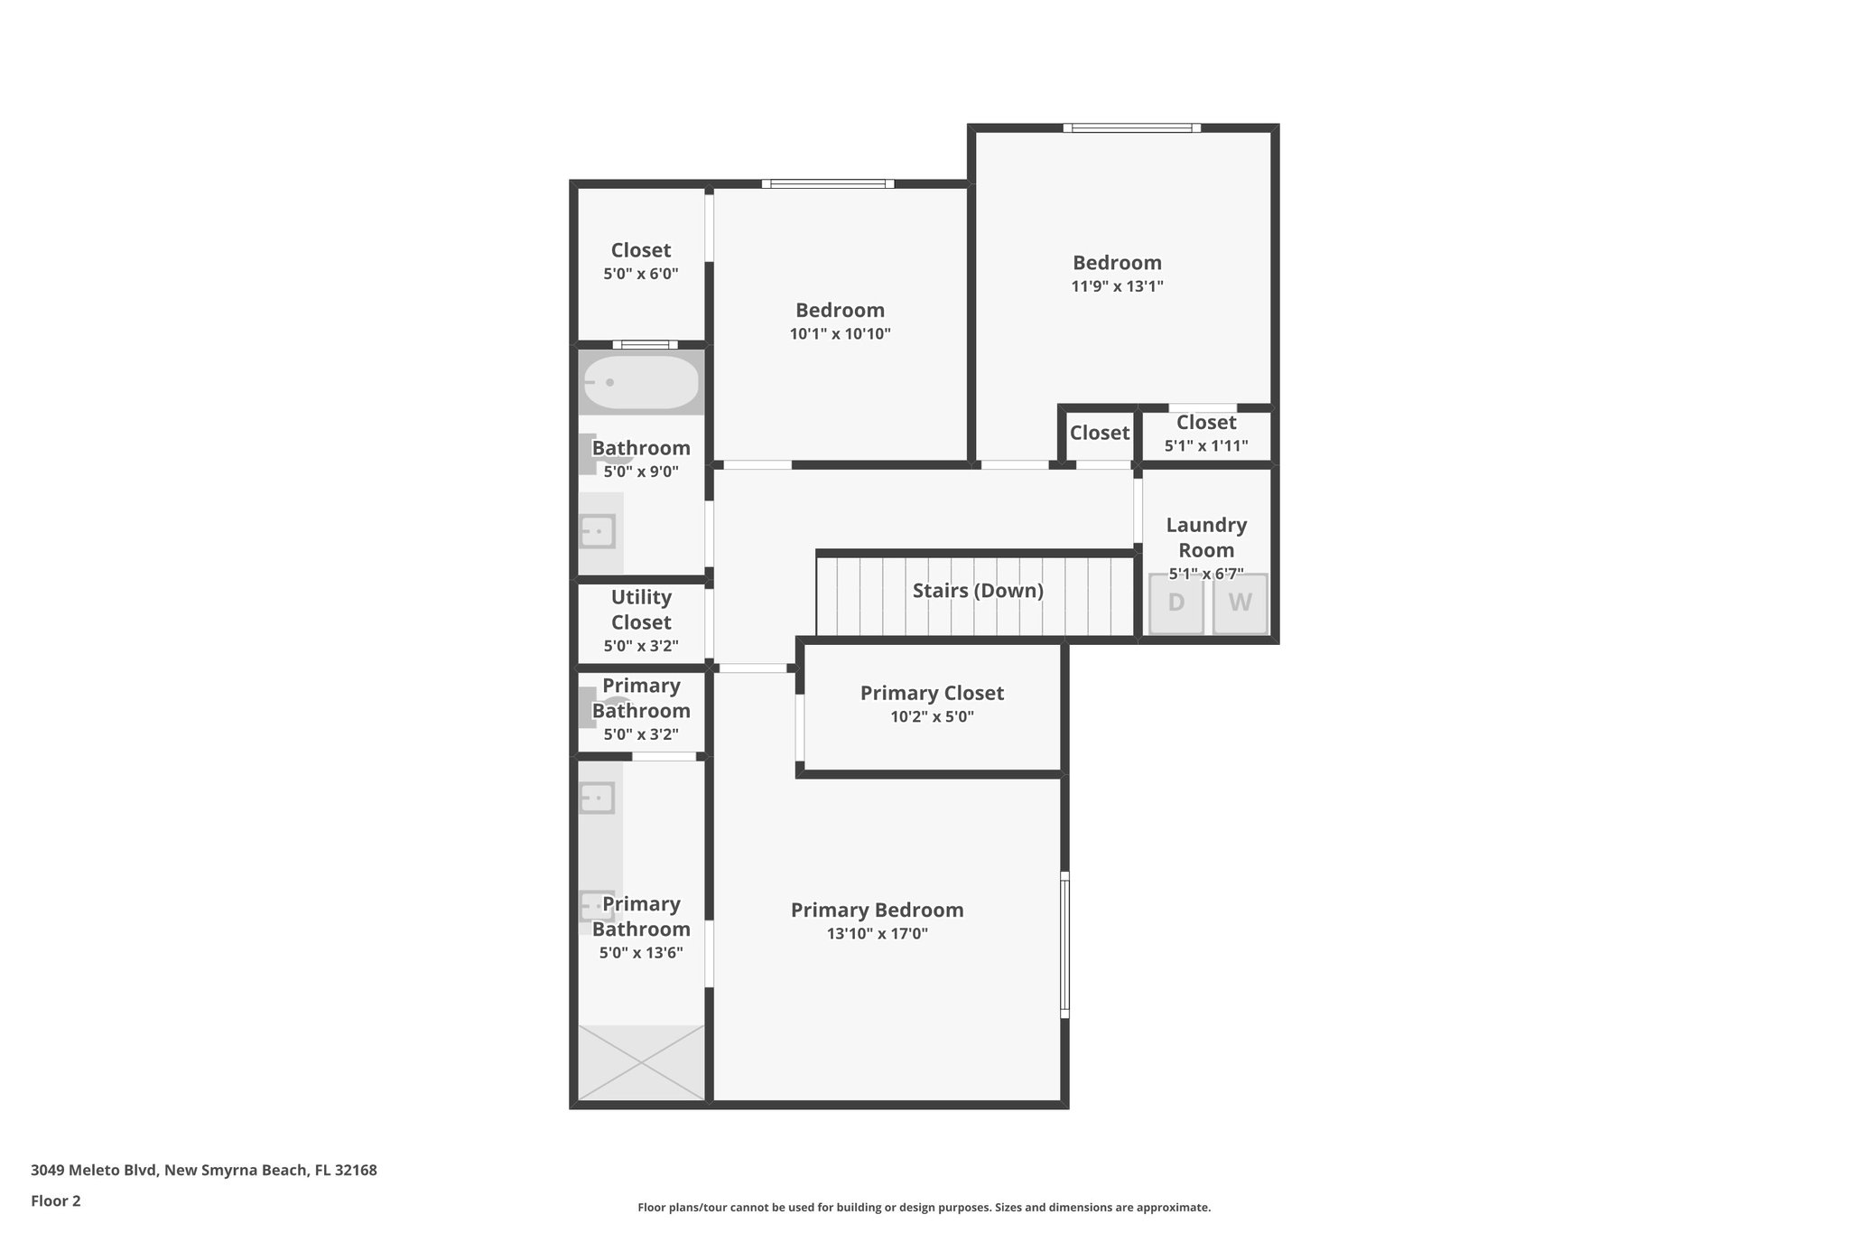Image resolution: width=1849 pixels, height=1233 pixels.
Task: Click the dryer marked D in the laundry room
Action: point(1175,603)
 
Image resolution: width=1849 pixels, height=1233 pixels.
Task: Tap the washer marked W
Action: point(1240,603)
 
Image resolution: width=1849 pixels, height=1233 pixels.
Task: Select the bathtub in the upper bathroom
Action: point(641,382)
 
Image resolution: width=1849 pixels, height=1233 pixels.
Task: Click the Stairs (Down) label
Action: point(978,591)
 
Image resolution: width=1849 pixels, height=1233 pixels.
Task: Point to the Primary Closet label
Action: point(932,693)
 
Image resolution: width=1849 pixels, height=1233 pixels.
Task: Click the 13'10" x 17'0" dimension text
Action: point(877,934)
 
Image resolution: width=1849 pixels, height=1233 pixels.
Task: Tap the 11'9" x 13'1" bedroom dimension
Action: point(1117,286)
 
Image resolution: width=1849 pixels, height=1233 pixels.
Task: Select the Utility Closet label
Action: point(641,610)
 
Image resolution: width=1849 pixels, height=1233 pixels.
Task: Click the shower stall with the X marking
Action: point(641,1062)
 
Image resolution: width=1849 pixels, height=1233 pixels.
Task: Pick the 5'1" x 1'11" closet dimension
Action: point(1206,446)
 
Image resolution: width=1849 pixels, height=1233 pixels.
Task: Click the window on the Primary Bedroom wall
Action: point(1064,945)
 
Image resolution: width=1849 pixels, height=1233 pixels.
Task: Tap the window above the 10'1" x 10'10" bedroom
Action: point(827,184)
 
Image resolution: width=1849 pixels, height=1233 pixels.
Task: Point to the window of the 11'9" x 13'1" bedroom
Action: point(1131,128)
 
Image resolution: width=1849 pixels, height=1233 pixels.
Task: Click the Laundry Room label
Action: point(1206,537)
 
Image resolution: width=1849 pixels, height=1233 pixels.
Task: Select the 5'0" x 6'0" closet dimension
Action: point(641,274)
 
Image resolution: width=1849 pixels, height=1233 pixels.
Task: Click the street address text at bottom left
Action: point(204,1171)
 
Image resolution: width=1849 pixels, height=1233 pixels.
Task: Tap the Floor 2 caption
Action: point(56,1201)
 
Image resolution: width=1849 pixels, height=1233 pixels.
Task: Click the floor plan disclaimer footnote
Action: point(924,1208)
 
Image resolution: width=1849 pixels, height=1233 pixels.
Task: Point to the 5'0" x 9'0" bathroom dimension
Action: point(641,472)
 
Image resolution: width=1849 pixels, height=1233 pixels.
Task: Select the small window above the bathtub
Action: point(645,344)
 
